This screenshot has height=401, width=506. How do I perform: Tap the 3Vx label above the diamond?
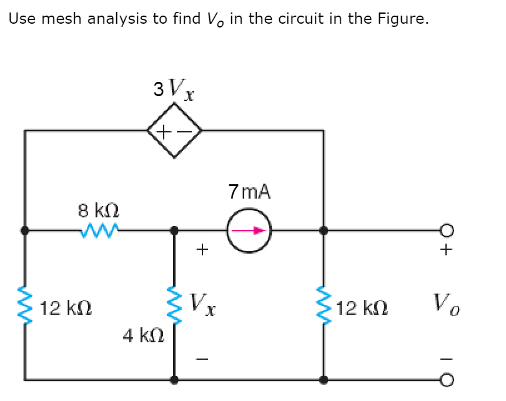pyautogui.click(x=174, y=91)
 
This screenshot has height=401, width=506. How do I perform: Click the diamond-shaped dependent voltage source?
pyautogui.click(x=174, y=131)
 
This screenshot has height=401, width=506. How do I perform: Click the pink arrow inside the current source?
pyautogui.click(x=249, y=230)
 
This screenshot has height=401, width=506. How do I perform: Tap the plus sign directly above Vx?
pyautogui.click(x=201, y=250)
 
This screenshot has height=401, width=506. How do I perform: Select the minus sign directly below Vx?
pyautogui.click(x=201, y=358)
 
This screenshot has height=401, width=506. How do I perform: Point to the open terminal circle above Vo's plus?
pyautogui.click(x=445, y=230)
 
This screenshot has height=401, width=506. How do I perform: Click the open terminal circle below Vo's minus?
pyautogui.click(x=445, y=379)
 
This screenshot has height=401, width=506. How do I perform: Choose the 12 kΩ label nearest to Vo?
pyautogui.click(x=362, y=308)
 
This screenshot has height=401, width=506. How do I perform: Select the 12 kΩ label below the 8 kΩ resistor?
pyautogui.click(x=66, y=308)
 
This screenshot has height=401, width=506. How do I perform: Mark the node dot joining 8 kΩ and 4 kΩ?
pyautogui.click(x=174, y=230)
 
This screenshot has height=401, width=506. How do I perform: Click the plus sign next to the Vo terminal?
pyautogui.click(x=445, y=250)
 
